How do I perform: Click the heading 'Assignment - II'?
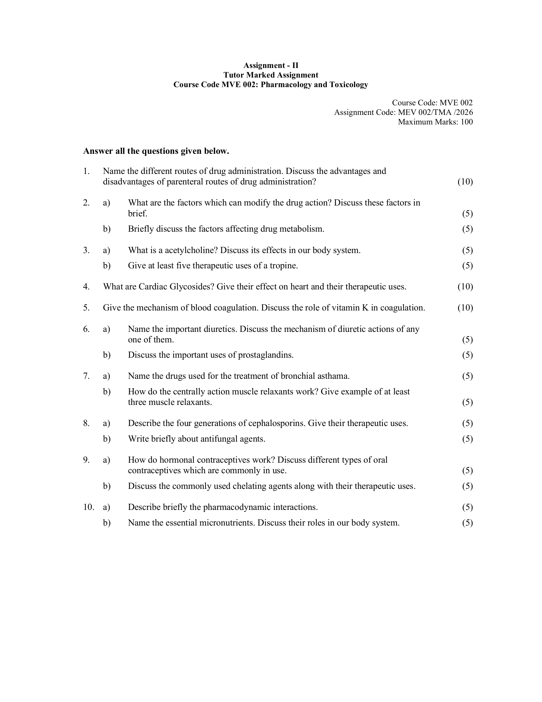(x=271, y=65)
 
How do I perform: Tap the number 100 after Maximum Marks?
(x=466, y=122)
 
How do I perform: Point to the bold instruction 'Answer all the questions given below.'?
(x=156, y=151)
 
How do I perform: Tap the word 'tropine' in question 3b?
(x=283, y=266)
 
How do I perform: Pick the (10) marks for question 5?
(x=465, y=308)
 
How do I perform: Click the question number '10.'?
(x=89, y=507)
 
